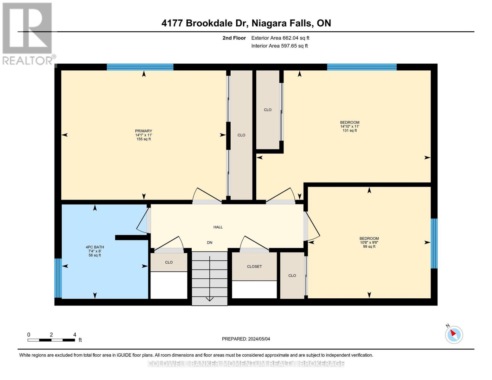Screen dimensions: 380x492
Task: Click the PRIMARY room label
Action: [x=144, y=131]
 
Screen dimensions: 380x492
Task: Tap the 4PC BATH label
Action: [x=95, y=247]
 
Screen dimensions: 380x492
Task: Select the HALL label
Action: [x=218, y=227]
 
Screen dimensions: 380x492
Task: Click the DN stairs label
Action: [x=209, y=243]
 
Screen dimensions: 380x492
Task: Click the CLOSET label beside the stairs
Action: [x=254, y=267]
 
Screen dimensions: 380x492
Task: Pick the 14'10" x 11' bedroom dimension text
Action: [x=350, y=126]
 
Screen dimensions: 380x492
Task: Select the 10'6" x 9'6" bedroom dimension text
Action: [x=369, y=243]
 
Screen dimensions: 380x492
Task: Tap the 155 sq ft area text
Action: [x=144, y=139]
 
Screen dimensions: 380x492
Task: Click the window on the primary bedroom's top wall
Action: [x=140, y=67]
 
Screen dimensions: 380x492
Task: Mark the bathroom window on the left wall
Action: [x=58, y=278]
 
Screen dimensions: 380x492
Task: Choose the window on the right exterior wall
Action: [x=434, y=244]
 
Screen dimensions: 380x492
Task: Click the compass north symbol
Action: [x=454, y=334]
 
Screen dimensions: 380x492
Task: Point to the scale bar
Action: [x=51, y=340]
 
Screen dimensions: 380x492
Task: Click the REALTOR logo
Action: [x=28, y=33]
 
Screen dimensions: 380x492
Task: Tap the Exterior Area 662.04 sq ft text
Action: [x=280, y=38]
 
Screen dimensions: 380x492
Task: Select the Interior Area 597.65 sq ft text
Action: [x=279, y=46]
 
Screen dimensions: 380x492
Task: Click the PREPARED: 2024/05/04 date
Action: [x=246, y=339]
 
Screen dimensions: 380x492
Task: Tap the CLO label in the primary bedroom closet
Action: [x=241, y=135]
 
